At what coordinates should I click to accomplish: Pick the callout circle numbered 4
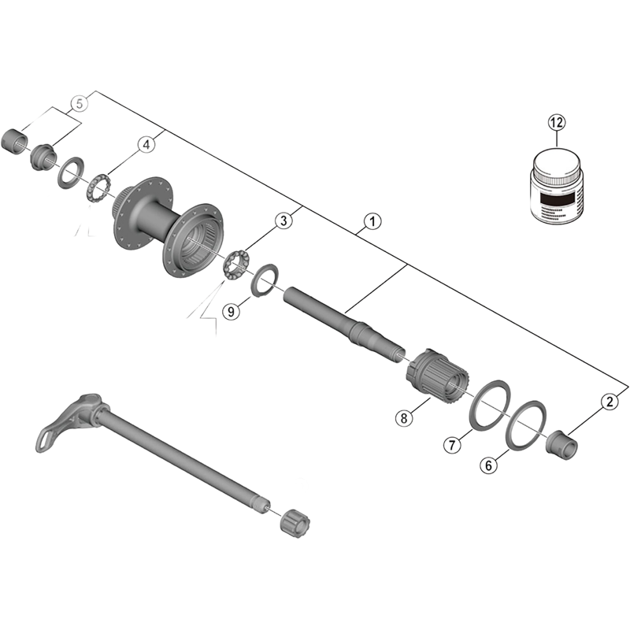point(146,144)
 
